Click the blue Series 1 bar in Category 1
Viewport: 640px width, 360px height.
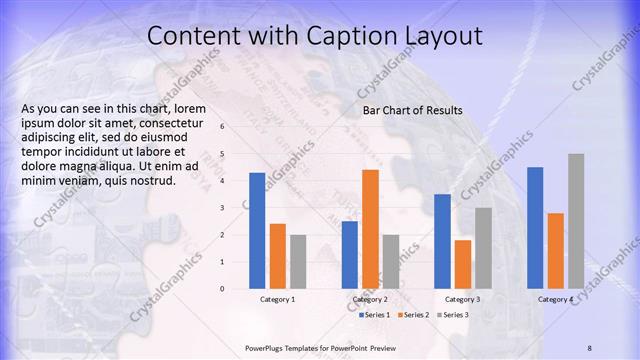257,231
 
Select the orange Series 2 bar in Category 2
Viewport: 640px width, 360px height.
370,229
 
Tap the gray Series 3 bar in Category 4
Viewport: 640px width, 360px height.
576,221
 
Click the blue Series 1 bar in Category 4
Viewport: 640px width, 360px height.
535,228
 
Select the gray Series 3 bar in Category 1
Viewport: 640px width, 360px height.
298,262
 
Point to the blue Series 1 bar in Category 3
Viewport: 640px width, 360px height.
442,241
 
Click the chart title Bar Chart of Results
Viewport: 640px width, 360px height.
412,110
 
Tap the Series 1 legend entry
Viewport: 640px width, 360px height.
375,315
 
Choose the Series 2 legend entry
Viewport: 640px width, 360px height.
415,315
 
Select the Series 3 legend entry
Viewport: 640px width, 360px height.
455,315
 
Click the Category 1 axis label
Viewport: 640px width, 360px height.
277,299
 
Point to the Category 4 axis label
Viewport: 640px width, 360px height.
555,299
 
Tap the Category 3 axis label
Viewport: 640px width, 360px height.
462,299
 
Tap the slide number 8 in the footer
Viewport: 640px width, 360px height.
590,347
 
